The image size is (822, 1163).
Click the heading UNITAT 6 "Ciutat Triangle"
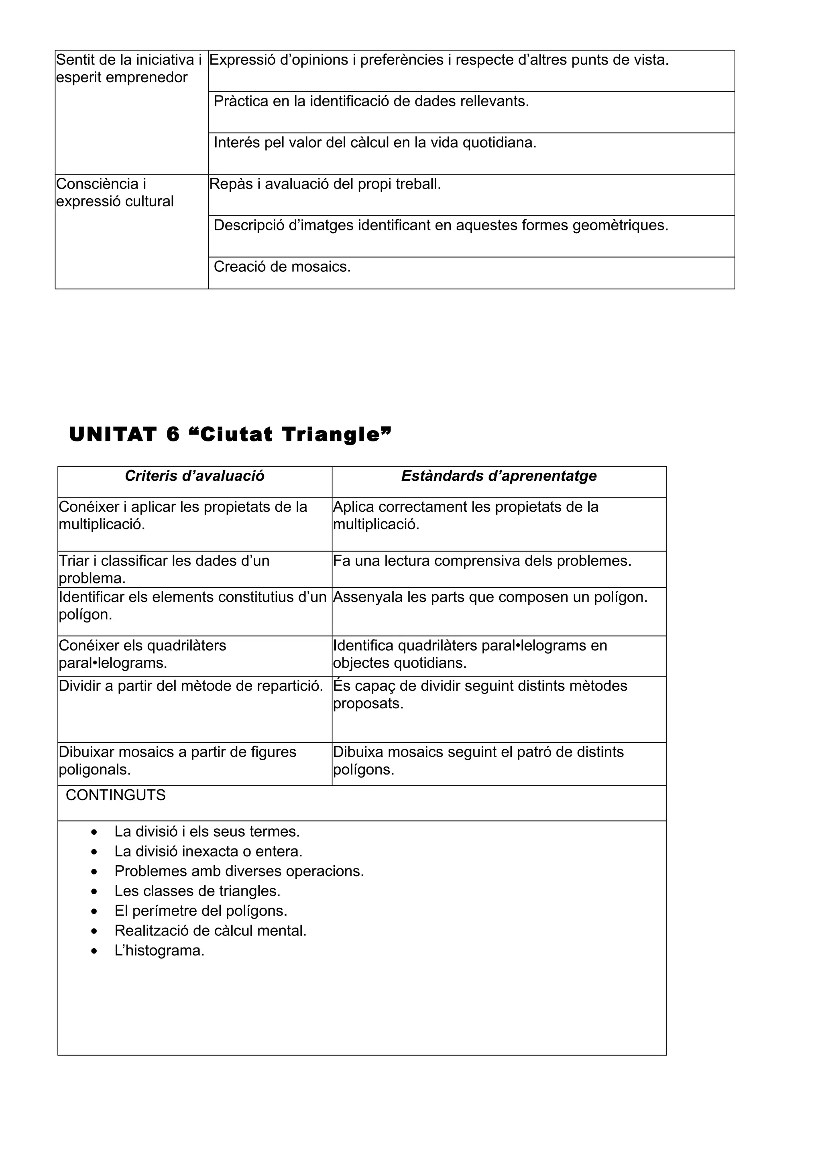coord(230,435)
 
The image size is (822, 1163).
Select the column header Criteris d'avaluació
coord(195,476)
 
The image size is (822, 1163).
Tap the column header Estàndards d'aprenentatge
coord(499,476)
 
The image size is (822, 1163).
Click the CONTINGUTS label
coord(116,795)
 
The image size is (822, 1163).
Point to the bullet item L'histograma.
coord(159,951)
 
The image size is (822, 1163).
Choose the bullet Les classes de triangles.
coord(197,891)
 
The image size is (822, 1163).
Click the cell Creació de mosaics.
coord(282,266)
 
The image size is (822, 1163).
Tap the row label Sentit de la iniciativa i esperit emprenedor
coord(129,69)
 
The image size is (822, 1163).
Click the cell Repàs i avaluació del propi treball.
coord(325,184)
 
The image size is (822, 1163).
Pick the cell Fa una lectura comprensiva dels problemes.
coord(482,561)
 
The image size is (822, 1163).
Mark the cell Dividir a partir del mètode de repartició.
coord(191,686)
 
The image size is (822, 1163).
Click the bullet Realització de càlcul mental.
coord(210,931)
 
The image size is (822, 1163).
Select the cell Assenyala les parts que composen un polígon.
coord(490,597)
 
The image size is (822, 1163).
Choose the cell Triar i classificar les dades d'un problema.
coord(164,569)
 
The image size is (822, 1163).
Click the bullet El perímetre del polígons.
coord(201,911)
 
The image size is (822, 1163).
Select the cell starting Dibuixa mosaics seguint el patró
coord(478,761)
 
